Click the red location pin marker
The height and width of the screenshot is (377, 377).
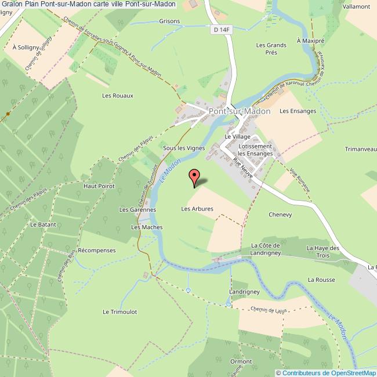click(x=194, y=176)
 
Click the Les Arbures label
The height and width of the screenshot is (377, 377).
click(x=197, y=209)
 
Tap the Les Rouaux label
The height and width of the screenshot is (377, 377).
click(x=118, y=96)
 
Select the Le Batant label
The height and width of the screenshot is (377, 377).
click(x=42, y=224)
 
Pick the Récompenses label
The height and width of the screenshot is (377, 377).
click(x=97, y=251)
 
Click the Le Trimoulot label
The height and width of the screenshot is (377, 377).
click(x=120, y=311)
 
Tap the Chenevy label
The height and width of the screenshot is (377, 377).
click(x=280, y=215)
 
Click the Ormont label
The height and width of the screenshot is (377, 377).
click(x=241, y=361)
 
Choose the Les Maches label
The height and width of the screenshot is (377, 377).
click(x=143, y=227)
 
